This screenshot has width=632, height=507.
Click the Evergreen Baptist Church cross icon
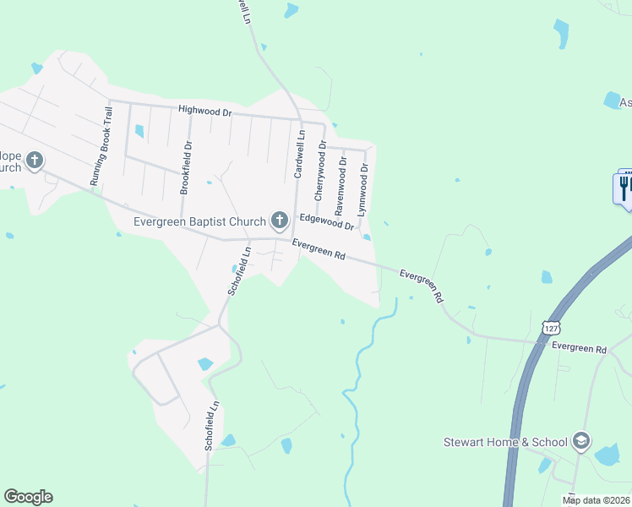tap(280, 221)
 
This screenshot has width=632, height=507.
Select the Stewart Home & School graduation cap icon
tap(580, 441)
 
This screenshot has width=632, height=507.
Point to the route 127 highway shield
tap(549, 327)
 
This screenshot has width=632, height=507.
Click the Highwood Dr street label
tap(204, 111)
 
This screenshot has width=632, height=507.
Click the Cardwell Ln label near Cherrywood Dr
tap(298, 153)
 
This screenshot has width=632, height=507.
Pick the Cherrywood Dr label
tap(320, 171)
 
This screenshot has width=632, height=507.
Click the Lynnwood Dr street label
tap(364, 189)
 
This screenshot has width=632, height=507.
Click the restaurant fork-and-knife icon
tap(624, 188)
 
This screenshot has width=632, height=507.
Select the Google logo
tap(28, 497)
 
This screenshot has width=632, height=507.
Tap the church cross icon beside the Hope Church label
tap(35, 160)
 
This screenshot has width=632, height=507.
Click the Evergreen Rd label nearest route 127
tap(579, 348)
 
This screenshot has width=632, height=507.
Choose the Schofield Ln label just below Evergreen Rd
tap(239, 270)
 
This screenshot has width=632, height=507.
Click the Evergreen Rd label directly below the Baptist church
tap(319, 250)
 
